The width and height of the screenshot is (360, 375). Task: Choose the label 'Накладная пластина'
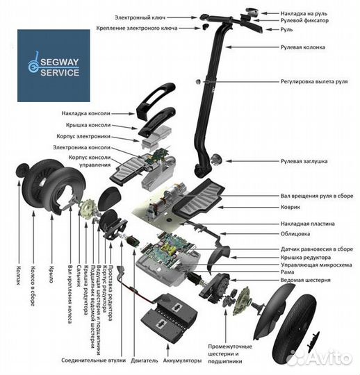[309, 224]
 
